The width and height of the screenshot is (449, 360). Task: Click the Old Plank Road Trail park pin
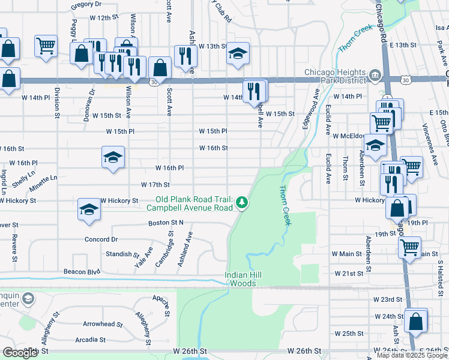(x=241, y=202)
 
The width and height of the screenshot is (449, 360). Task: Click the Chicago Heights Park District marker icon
(x=376, y=74)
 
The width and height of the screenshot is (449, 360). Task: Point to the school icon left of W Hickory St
(x=89, y=210)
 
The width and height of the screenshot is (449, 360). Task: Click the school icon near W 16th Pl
(x=113, y=158)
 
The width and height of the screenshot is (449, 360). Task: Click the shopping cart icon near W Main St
(x=409, y=247)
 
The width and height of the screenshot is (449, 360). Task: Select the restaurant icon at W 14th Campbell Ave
(x=255, y=91)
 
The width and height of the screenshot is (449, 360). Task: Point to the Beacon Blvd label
(x=82, y=272)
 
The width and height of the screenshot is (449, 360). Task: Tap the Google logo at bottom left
(x=20, y=353)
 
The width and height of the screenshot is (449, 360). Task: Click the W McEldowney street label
(x=345, y=136)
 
